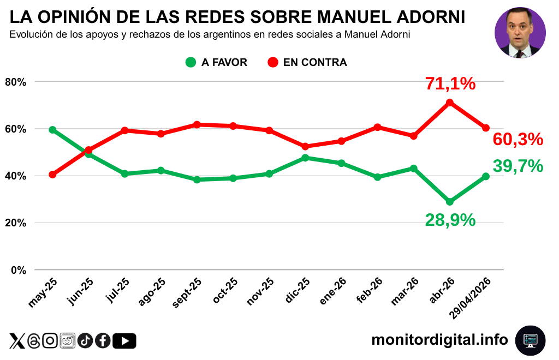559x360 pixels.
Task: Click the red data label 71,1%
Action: pos(450,84)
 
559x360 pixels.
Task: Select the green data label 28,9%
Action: pos(450,220)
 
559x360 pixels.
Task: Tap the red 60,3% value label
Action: pos(518,140)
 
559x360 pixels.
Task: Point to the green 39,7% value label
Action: pos(518,166)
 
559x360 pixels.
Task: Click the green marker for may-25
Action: pos(52,130)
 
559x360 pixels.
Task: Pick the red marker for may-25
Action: pos(52,175)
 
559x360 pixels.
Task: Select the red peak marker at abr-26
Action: pos(450,103)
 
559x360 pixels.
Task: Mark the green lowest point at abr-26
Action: pos(450,202)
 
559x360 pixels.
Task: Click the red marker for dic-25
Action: pos(305,146)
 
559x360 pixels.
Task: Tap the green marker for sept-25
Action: pos(197,179)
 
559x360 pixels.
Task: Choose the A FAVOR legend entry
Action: pos(216,62)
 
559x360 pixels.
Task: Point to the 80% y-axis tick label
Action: pos(16,82)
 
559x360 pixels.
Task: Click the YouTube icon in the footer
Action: pos(124,341)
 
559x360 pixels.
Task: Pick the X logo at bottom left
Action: pos(17,341)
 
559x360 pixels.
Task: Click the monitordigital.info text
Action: pos(439,340)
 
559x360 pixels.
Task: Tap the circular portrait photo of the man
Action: pos(520,32)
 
